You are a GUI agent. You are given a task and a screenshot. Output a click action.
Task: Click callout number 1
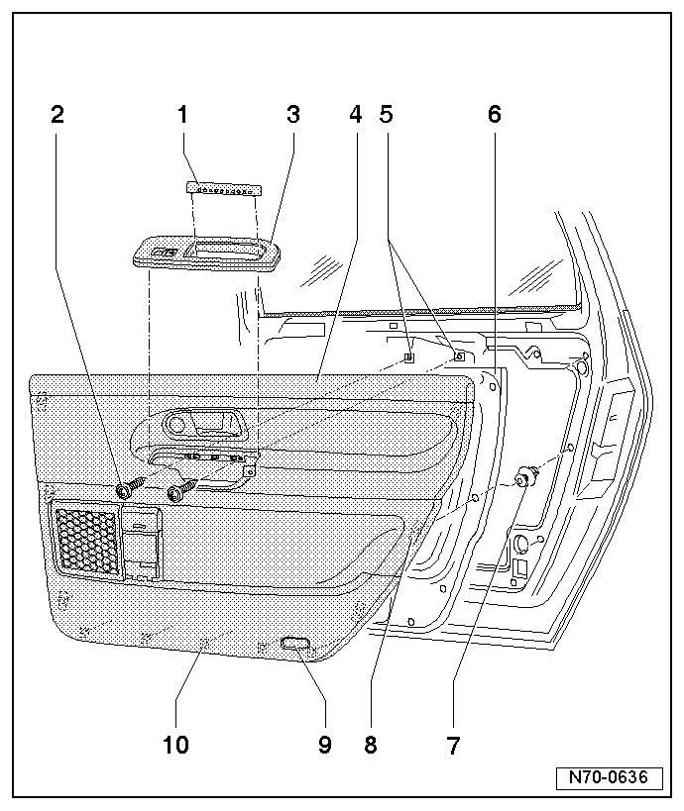(182, 115)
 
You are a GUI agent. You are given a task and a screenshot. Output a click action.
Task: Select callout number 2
(57, 115)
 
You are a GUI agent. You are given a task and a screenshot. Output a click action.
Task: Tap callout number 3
(292, 115)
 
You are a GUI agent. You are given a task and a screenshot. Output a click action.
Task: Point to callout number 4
(356, 115)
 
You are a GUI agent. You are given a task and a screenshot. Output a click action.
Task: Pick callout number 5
(387, 115)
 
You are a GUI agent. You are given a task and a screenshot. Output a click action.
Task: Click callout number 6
(495, 115)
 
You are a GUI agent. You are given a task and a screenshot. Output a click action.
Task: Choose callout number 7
(453, 746)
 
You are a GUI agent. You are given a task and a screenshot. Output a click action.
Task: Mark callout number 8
(371, 746)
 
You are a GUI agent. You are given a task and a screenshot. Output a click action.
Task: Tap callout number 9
(324, 746)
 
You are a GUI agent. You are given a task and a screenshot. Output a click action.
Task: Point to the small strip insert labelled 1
(226, 188)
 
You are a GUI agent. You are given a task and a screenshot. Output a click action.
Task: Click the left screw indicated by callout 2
(127, 489)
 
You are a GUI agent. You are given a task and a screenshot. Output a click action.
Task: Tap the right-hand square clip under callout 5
(458, 355)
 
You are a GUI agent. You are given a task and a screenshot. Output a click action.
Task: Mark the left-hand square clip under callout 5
(408, 356)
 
